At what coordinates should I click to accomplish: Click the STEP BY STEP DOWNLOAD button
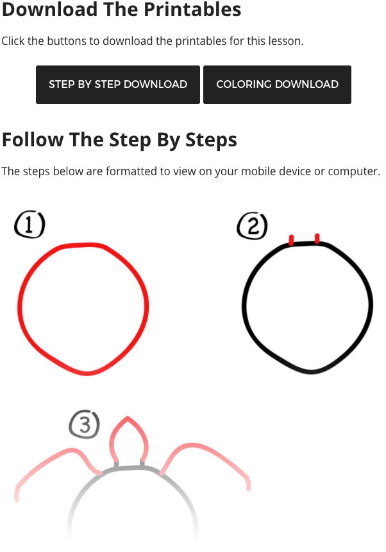tap(118, 85)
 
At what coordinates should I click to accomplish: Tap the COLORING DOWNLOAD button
tap(277, 85)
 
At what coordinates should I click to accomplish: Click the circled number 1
tap(29, 225)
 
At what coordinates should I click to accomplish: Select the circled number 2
tap(252, 226)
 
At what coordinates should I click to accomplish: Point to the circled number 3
tap(85, 424)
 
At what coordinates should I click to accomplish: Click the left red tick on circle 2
tap(292, 240)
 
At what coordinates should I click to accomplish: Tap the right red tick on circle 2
tap(317, 238)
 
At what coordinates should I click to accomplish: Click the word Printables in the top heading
tap(192, 10)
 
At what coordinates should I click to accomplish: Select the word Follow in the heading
tap(33, 139)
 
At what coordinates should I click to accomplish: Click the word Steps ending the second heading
tap(212, 140)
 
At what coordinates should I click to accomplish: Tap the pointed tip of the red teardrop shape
tap(127, 417)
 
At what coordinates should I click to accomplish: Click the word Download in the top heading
tap(50, 10)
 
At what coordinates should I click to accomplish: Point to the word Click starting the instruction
tap(13, 41)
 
